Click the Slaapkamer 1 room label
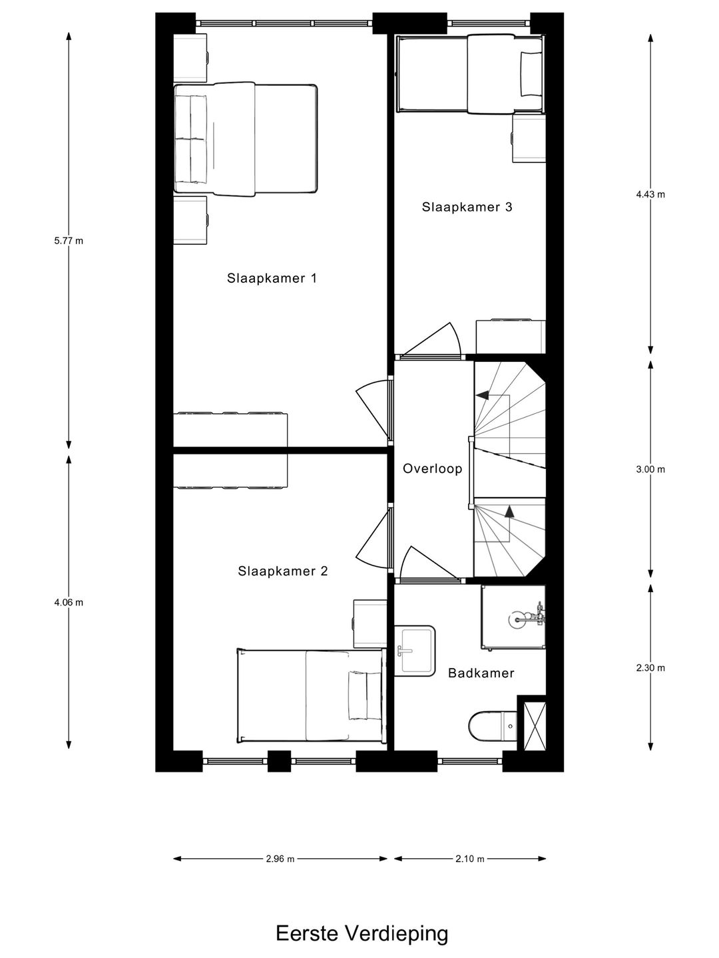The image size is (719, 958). (272, 278)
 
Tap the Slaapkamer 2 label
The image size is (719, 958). (283, 571)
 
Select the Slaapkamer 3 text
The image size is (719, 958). (467, 207)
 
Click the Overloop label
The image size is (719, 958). (432, 469)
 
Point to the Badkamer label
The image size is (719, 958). (481, 673)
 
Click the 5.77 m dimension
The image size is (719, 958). (69, 241)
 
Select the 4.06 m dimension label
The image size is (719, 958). (69, 603)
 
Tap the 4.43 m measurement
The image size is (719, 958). (650, 195)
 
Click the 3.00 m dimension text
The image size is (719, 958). (650, 469)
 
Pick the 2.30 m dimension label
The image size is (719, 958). (650, 668)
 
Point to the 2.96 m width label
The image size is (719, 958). (280, 859)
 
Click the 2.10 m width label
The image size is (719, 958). (470, 859)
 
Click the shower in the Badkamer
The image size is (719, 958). (513, 616)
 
